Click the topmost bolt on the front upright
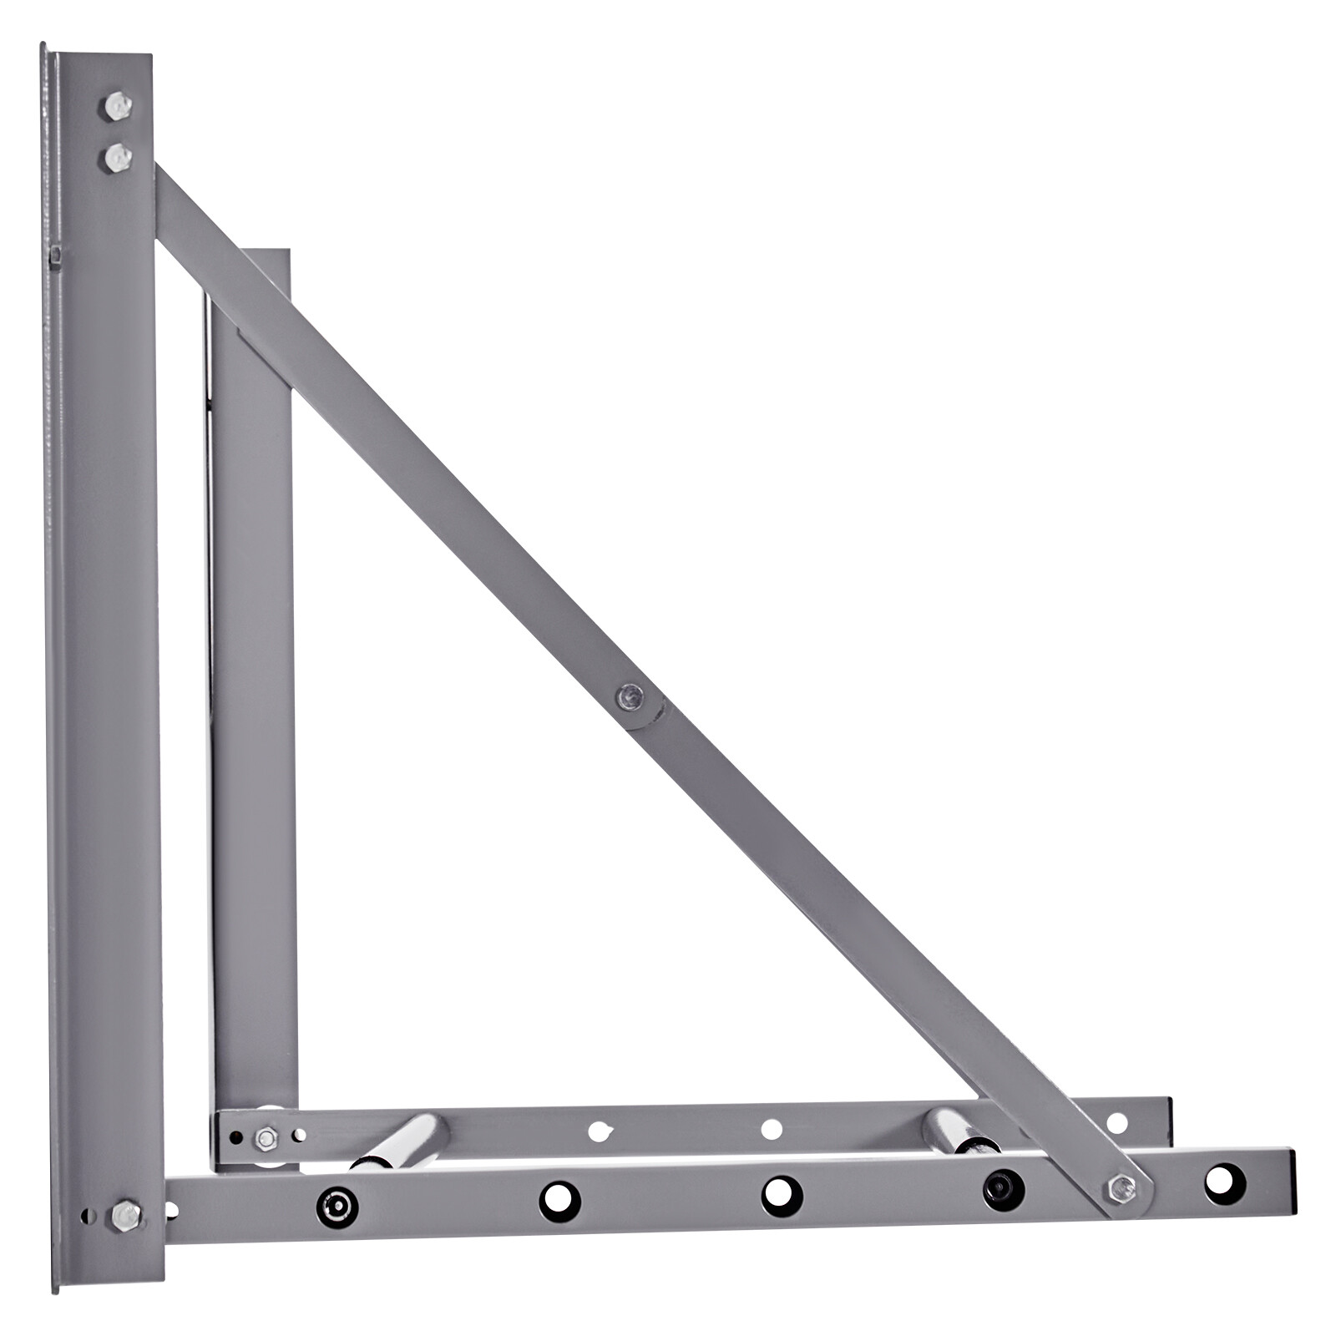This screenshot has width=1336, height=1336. [x=119, y=106]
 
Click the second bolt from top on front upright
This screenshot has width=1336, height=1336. [x=119, y=156]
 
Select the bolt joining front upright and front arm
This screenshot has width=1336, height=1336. [x=126, y=1214]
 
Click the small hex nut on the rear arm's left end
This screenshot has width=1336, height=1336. [x=266, y=1137]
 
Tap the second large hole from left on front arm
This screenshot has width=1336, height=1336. [x=559, y=1201]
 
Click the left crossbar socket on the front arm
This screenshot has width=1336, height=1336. [x=337, y=1206]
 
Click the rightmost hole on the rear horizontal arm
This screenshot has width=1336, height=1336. [x=1116, y=1123]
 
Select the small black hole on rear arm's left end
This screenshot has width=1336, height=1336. [x=236, y=1137]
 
